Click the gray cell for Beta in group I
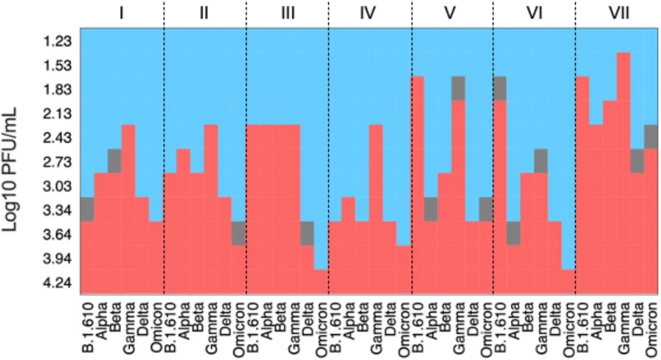[x=115, y=161]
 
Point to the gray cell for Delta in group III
[x=307, y=233]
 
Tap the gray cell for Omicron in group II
[x=239, y=233]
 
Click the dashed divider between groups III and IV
[x=329, y=155]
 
